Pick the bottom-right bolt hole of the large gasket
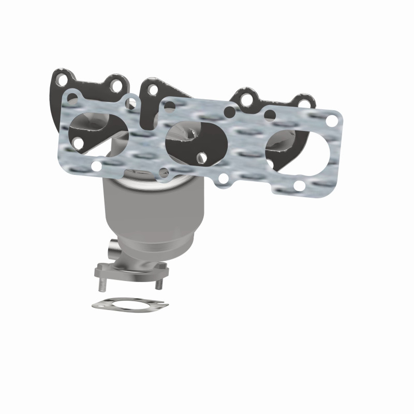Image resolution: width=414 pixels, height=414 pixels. click(x=299, y=185)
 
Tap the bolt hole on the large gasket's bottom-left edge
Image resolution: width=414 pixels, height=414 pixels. click(x=96, y=166)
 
